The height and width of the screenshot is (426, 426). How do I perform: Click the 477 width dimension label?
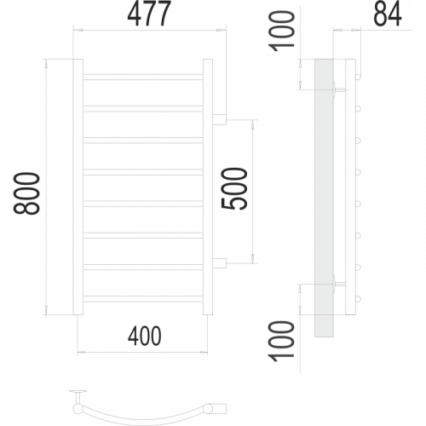click(x=149, y=14)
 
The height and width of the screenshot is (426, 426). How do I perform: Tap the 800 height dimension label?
click(x=26, y=193)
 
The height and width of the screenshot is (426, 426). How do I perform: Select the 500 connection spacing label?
click(x=234, y=189)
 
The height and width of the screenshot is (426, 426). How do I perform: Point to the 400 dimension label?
click(x=145, y=337)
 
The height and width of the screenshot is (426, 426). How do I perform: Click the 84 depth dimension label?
click(x=388, y=14)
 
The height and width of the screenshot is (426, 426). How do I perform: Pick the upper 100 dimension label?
click(x=282, y=32)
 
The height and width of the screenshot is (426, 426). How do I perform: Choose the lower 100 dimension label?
click(x=282, y=342)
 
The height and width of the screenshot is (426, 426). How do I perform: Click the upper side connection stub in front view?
click(x=219, y=119)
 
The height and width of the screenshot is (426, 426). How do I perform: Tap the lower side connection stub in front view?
click(x=219, y=263)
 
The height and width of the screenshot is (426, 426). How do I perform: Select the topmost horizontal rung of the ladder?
click(x=143, y=77)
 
